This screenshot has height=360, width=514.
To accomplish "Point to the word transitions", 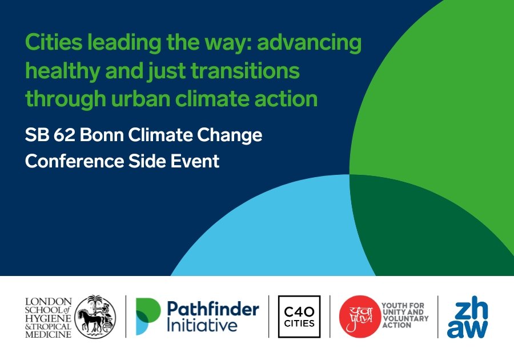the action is (x=245, y=71).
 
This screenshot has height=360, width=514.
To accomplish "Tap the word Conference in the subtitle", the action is (x=74, y=161).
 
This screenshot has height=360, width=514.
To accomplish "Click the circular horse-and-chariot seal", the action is (x=95, y=317).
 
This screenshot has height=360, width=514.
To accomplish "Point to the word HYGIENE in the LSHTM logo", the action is (x=48, y=318).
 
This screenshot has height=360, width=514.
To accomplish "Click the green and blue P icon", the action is (x=148, y=317).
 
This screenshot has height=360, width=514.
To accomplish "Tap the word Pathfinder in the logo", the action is (x=213, y=309).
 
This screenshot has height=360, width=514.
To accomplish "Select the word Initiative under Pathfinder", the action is (x=202, y=326).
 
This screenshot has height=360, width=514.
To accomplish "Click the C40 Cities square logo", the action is (x=299, y=317).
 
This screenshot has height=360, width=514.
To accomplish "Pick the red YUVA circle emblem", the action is (x=360, y=317).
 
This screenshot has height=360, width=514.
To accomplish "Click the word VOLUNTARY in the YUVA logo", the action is (x=405, y=318).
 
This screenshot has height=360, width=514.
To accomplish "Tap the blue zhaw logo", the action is (x=467, y=319).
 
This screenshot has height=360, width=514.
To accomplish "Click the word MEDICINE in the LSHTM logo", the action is (x=48, y=335).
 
